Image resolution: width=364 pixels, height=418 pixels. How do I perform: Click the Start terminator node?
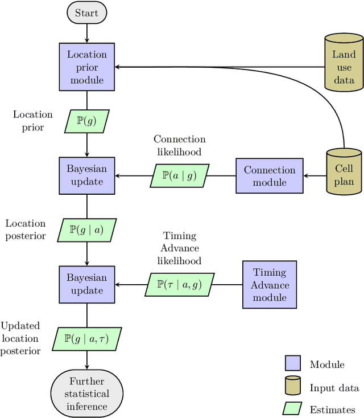pyautogui.click(x=86, y=13)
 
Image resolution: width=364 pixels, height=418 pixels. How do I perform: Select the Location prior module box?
pyautogui.click(x=86, y=67)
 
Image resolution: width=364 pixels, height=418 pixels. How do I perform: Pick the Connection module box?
pyautogui.click(x=270, y=176)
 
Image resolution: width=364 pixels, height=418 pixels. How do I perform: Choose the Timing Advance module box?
pyautogui.click(x=270, y=285)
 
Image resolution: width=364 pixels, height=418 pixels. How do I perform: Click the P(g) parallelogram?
pyautogui.click(x=86, y=121)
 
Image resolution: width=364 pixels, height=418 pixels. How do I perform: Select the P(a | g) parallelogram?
pyautogui.click(x=179, y=176)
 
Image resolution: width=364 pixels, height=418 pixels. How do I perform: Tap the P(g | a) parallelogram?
pyautogui.click(x=86, y=230)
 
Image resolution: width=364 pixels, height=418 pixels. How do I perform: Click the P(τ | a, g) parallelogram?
pyautogui.click(x=179, y=284)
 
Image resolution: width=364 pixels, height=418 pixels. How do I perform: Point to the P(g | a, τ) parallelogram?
pyautogui.click(x=86, y=339)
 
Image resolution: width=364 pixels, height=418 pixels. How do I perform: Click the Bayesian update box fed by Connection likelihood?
pyautogui.click(x=86, y=176)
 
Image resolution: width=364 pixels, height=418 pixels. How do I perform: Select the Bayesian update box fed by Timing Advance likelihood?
pyautogui.click(x=86, y=284)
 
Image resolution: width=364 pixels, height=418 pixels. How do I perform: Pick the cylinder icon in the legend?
pyautogui.click(x=292, y=387)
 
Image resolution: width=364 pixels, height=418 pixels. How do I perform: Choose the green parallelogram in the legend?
pyautogui.click(x=292, y=409)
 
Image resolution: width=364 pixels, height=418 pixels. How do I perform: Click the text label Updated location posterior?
pyautogui.click(x=20, y=338)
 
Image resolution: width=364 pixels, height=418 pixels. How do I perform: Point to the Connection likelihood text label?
pyautogui.click(x=179, y=145)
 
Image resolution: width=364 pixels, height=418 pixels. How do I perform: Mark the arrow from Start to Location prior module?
pyautogui.click(x=86, y=33)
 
